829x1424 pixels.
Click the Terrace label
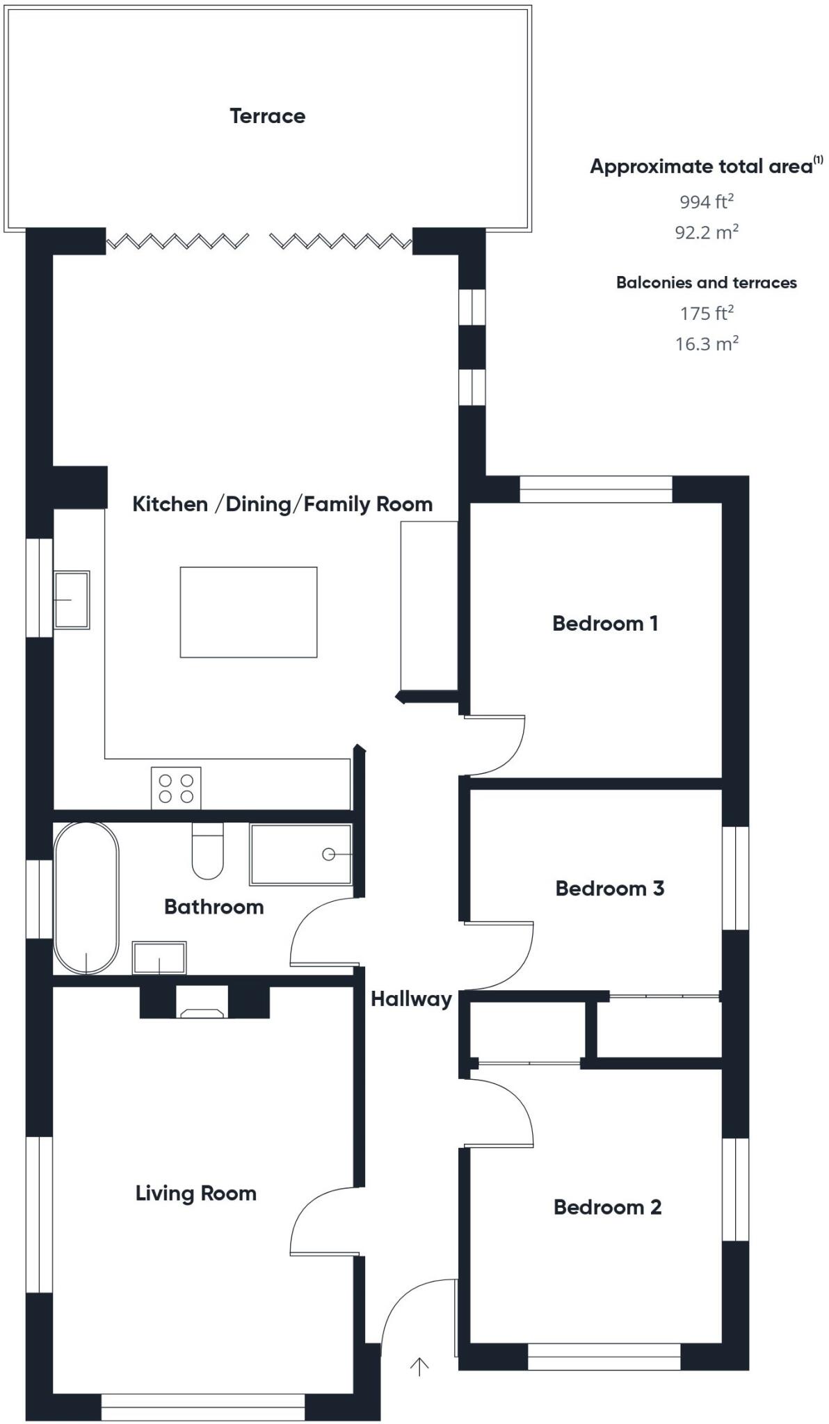267,115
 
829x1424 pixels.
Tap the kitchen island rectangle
248,612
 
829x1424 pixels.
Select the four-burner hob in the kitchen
176,788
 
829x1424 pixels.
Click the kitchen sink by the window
72,599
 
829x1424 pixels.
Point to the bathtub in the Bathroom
86,898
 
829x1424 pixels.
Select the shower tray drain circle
328,854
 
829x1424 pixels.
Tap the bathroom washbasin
159,958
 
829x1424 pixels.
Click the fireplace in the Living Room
203,1005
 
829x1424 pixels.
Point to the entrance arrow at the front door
419,1366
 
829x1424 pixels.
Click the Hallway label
410,999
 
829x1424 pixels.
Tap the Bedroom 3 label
609,888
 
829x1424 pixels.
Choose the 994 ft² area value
706,202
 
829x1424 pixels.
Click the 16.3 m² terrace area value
706,343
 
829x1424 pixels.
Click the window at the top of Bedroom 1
596,489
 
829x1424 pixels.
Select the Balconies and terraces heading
706,282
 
